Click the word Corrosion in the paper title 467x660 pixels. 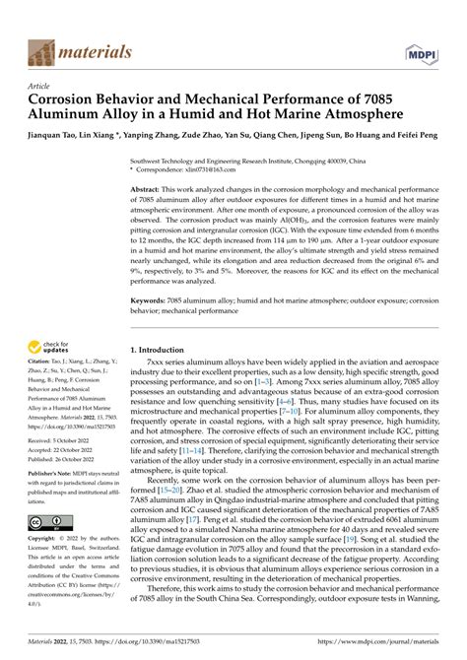pos(73,100)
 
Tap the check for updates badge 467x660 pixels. pos(49,345)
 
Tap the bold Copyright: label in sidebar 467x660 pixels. pos(45,542)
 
